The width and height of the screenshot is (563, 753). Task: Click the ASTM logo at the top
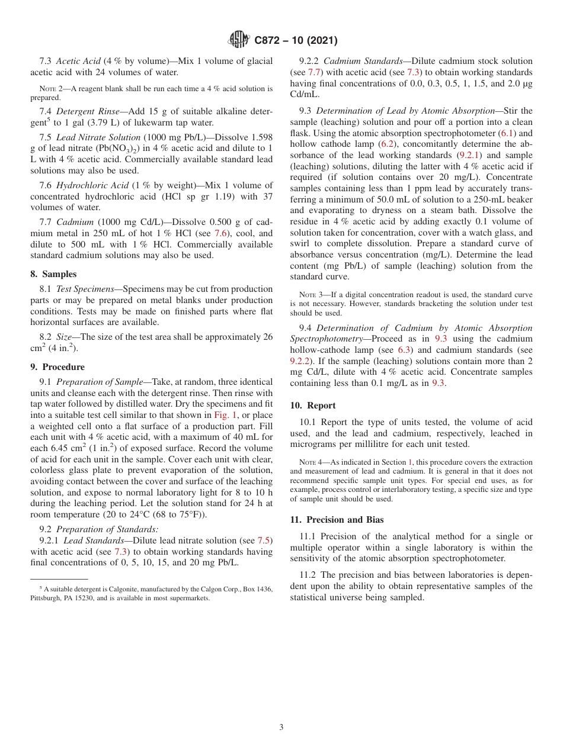[x=239, y=40]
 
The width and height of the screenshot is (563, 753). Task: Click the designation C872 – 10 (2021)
[x=296, y=41]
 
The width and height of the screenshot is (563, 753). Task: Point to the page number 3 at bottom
[x=281, y=727]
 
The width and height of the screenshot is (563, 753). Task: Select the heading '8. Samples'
[x=53, y=274]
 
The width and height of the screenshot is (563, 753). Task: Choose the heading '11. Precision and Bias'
[x=337, y=520]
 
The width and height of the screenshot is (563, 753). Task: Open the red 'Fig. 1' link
[x=225, y=415]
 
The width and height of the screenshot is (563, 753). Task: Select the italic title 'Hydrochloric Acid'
[x=92, y=185]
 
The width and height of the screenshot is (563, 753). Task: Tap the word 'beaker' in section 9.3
[x=518, y=199]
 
